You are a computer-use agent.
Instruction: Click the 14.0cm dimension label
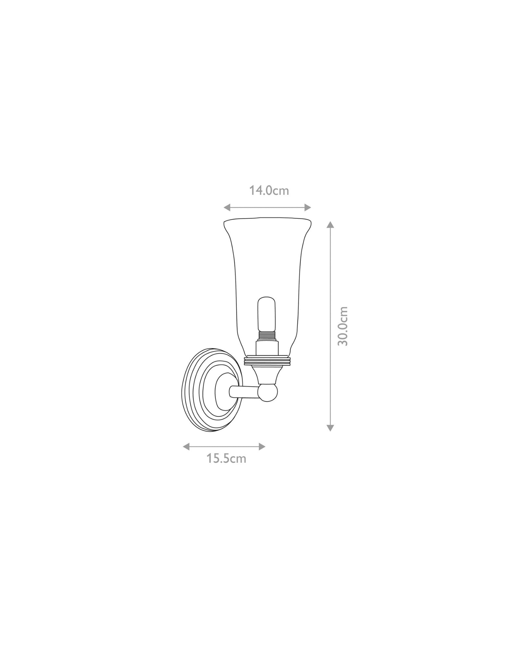(269, 190)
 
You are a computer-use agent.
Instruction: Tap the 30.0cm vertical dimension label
(343, 326)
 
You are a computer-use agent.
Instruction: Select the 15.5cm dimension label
(227, 459)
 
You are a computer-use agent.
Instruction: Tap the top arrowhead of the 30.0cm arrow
(330, 225)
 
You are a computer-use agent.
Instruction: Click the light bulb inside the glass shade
(266, 312)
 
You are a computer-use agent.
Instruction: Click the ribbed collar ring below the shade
(268, 361)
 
